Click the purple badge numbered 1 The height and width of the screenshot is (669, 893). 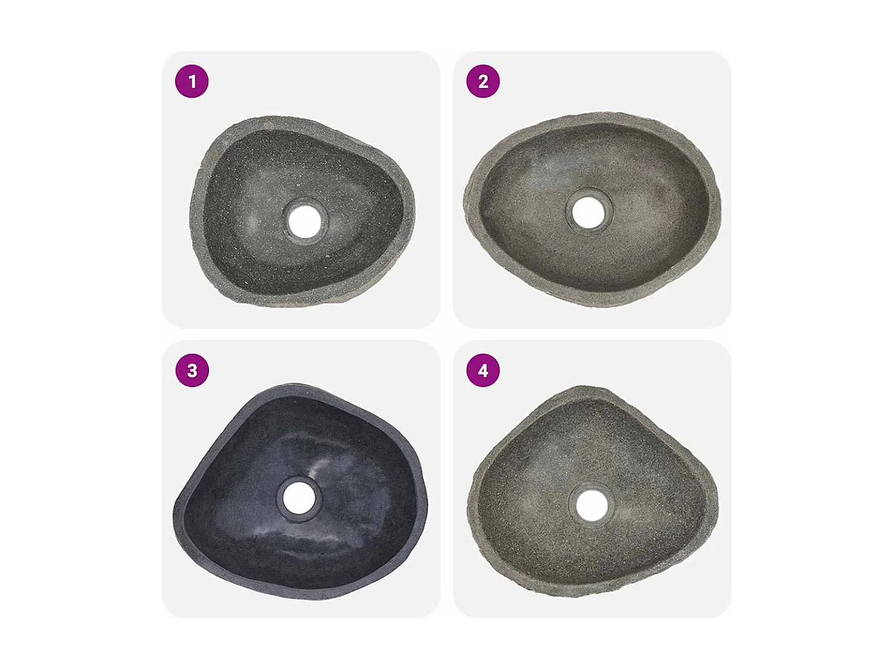(192, 81)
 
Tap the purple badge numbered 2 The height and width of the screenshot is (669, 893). (483, 81)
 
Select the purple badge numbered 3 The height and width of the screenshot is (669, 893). (192, 370)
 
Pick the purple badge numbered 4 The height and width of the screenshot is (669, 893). (483, 370)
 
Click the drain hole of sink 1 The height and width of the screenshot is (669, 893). (305, 220)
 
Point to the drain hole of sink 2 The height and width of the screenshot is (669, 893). (588, 212)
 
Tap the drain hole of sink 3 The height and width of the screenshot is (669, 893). (299, 498)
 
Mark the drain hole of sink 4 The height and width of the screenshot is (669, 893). (592, 505)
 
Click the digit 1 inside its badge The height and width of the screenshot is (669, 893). (192, 81)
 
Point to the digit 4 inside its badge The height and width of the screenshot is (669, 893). (483, 370)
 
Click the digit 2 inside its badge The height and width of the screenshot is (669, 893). (483, 81)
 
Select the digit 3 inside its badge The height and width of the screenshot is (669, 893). (192, 370)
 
